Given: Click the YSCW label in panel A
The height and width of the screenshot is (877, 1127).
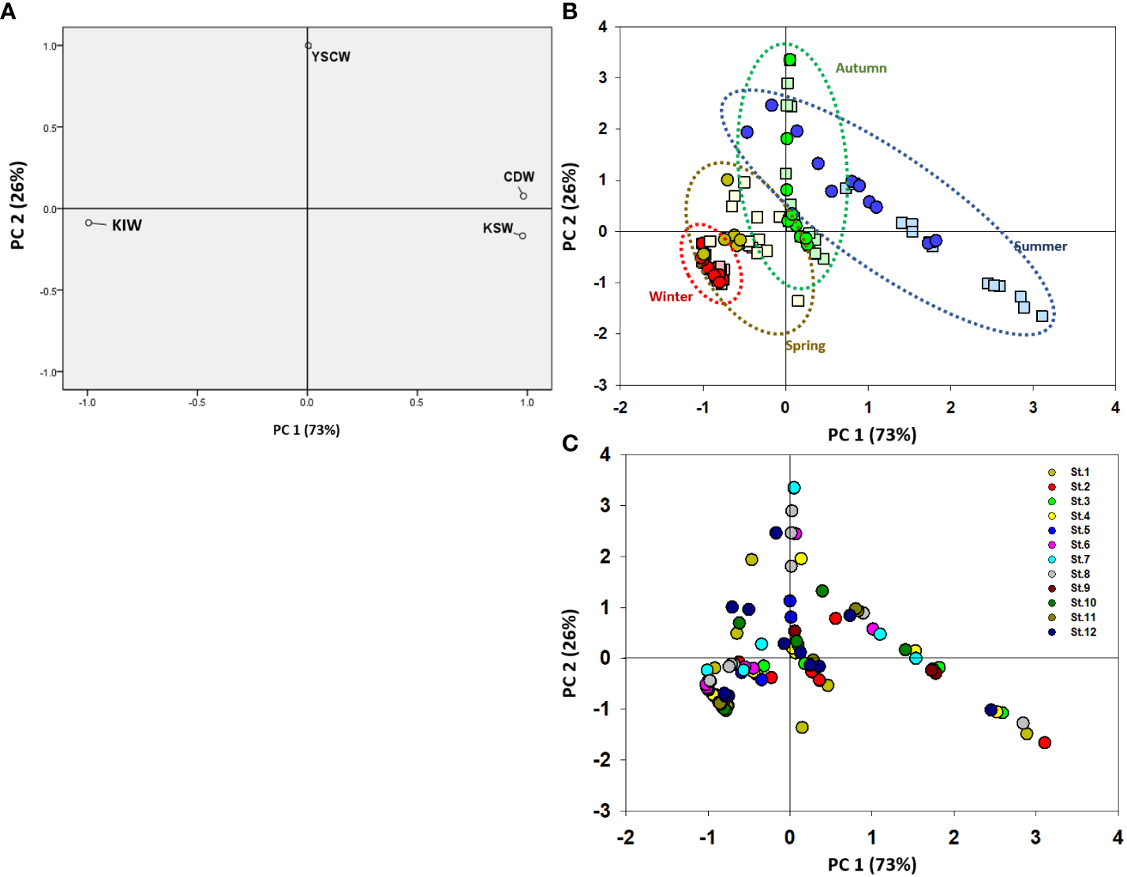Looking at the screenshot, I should [331, 57].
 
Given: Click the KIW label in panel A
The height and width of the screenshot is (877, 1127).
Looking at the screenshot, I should [126, 226].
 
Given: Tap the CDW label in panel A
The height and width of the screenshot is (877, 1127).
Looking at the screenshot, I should [519, 177].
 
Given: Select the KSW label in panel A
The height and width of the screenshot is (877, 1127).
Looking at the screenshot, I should [498, 228].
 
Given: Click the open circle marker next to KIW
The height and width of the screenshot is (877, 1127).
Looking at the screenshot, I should [89, 223].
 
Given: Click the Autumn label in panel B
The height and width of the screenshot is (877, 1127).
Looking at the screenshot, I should [861, 69].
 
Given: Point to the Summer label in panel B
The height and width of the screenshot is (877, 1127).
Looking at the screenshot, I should [1040, 246].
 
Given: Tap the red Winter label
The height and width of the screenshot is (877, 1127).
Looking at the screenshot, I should [670, 297].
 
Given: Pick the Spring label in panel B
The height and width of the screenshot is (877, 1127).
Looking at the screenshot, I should [805, 346].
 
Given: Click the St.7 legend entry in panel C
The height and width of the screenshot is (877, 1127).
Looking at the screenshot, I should [1080, 560].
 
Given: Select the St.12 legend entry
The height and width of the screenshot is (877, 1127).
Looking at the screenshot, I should [1083, 632].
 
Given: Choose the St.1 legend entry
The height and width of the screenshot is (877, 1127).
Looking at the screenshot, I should [1080, 472].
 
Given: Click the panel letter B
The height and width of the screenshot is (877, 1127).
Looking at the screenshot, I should [570, 11].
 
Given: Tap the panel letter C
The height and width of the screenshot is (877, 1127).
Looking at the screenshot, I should [570, 444].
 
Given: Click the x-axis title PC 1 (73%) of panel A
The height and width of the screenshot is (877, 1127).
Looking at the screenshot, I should [306, 430].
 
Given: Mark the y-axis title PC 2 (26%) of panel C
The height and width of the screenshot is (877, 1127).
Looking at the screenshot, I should [570, 653].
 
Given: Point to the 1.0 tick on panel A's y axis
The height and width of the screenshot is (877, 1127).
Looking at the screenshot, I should [50, 47].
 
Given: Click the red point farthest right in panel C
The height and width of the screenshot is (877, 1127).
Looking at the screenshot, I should [1044, 743].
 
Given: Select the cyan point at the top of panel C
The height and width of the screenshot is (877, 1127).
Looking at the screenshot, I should [794, 488].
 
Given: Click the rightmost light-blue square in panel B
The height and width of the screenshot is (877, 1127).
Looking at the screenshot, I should [1042, 316].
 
